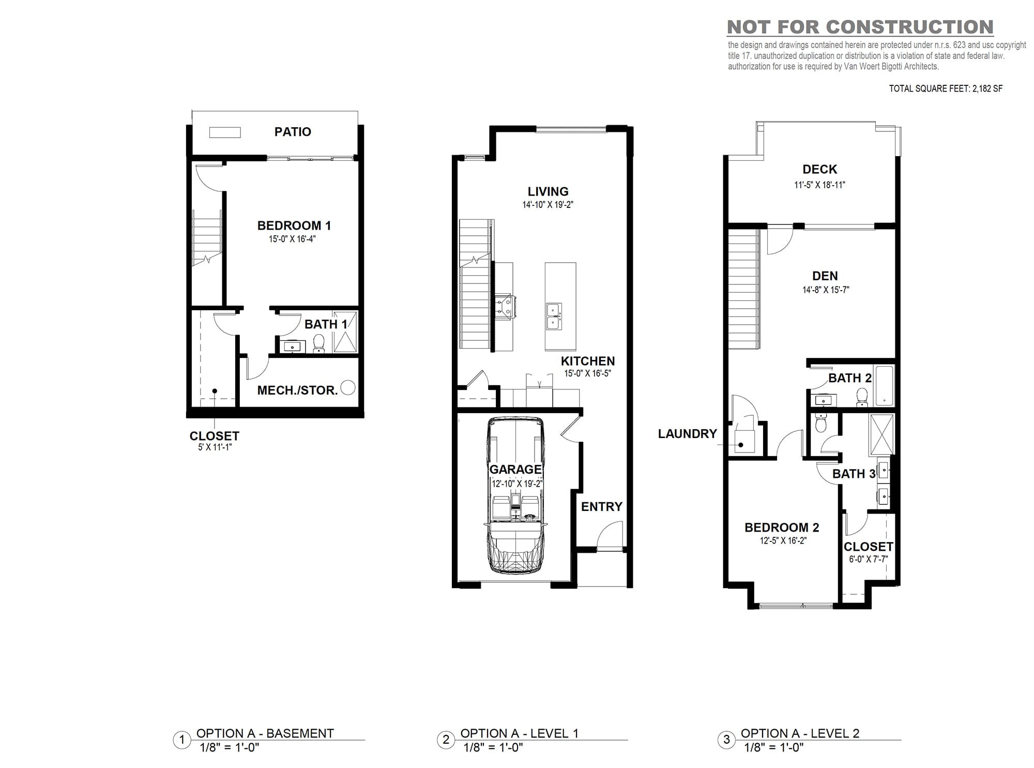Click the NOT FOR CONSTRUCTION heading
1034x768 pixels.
tap(860, 27)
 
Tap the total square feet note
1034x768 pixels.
tap(946, 88)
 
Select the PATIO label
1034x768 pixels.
tap(293, 132)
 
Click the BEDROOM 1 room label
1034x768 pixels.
tap(294, 225)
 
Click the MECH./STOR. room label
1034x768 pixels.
tap(297, 390)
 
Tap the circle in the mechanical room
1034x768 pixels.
tap(348, 387)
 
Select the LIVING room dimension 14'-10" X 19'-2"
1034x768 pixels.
tap(548, 205)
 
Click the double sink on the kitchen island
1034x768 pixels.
tap(554, 316)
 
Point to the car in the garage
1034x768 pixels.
tap(515, 495)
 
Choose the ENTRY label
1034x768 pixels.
tap(601, 507)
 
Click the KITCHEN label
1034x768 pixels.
tap(588, 361)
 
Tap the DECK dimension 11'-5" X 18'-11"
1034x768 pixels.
tap(819, 185)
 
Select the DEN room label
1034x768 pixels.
tap(825, 276)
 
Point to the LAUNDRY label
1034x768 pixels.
tap(687, 434)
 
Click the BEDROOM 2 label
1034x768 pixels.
tap(782, 528)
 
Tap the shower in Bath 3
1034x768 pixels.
tap(882, 434)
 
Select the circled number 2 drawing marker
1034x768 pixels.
tap(446, 740)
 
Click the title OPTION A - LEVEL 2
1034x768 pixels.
tap(800, 733)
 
